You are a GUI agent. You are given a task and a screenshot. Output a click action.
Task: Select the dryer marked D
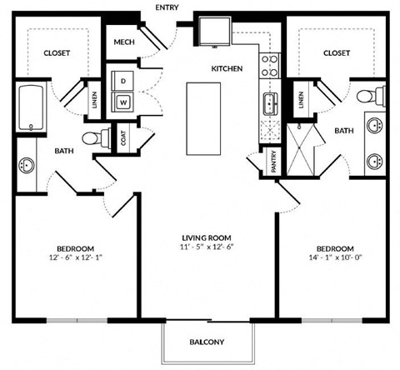pos(123,82)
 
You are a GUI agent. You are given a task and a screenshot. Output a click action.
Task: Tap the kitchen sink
pos(271,105)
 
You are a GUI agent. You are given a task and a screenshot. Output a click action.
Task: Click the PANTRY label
pos(273,162)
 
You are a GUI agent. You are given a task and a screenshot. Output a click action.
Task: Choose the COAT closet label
pos(124,139)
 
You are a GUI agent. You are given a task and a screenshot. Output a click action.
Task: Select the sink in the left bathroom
pos(25,165)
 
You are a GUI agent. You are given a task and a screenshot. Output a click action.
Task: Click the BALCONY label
pos(205,342)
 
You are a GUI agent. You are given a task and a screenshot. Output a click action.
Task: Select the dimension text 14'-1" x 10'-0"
pos(336,257)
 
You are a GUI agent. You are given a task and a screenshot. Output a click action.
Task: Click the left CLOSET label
pos(57,52)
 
